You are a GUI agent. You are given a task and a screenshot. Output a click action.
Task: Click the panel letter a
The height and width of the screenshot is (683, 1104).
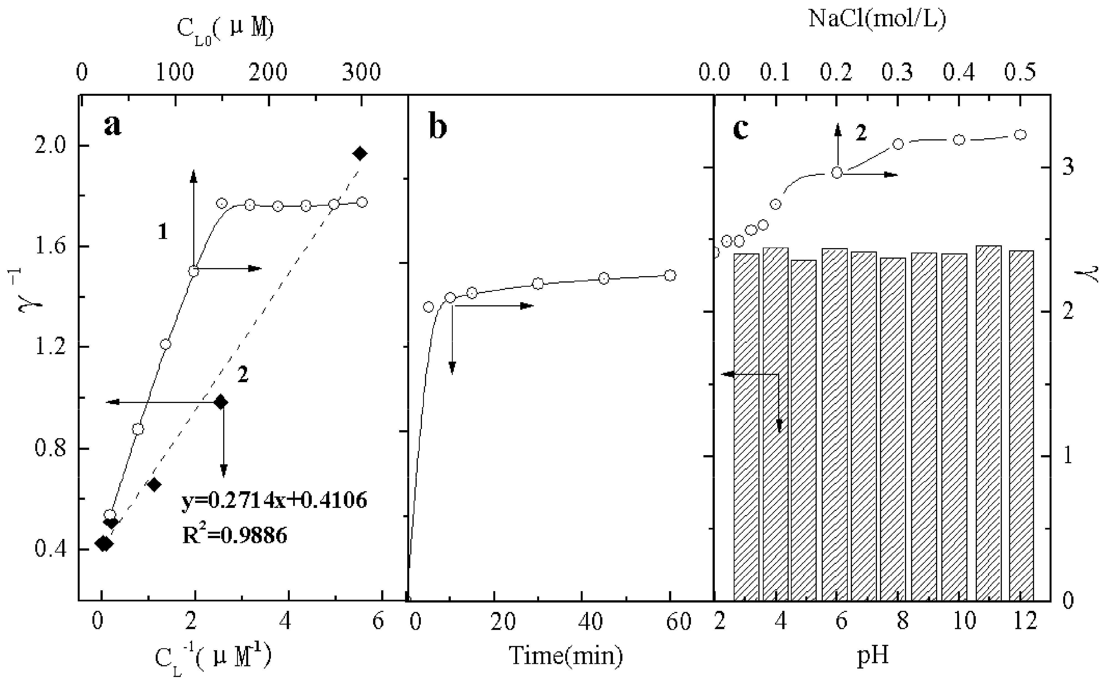coord(112,125)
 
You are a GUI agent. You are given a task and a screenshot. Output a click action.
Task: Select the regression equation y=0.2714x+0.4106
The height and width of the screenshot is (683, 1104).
coord(274,500)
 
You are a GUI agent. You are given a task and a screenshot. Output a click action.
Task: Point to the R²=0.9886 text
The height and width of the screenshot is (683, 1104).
coord(235,536)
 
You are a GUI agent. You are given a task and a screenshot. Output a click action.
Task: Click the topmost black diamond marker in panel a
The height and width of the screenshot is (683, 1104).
coord(360,153)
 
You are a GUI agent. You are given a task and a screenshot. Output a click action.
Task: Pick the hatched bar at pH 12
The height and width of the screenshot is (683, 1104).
coord(1021,425)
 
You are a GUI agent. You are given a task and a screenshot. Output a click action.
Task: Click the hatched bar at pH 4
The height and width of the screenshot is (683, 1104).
coord(776,425)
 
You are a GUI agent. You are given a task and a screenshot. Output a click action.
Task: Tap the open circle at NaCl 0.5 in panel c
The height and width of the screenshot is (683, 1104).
coord(1020,135)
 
